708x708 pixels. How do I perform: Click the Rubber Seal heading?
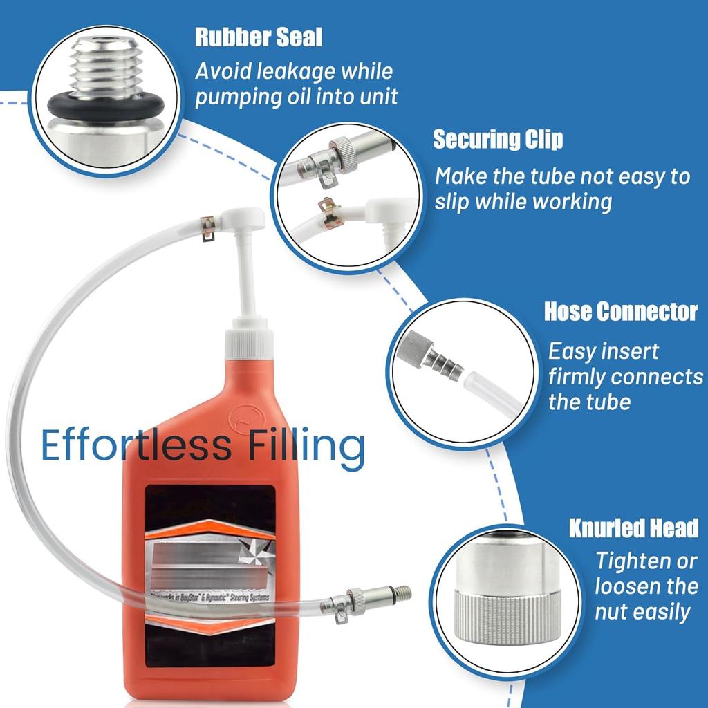click(258, 37)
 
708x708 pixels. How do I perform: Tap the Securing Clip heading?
click(497, 139)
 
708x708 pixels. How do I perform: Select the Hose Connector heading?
click(620, 311)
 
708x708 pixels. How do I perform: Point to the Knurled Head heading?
click(633, 528)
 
